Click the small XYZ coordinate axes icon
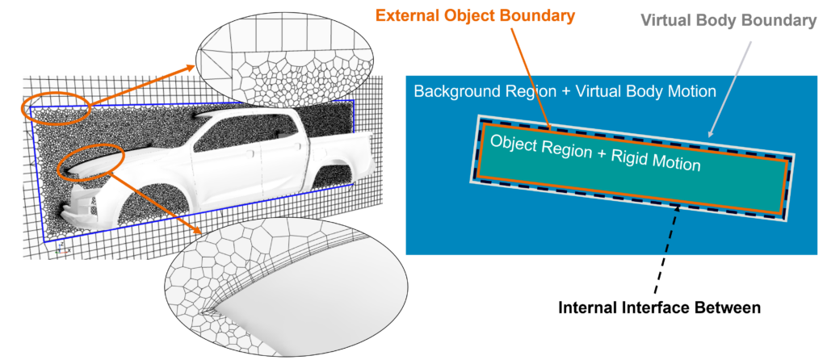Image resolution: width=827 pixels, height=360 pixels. click(x=59, y=251)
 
